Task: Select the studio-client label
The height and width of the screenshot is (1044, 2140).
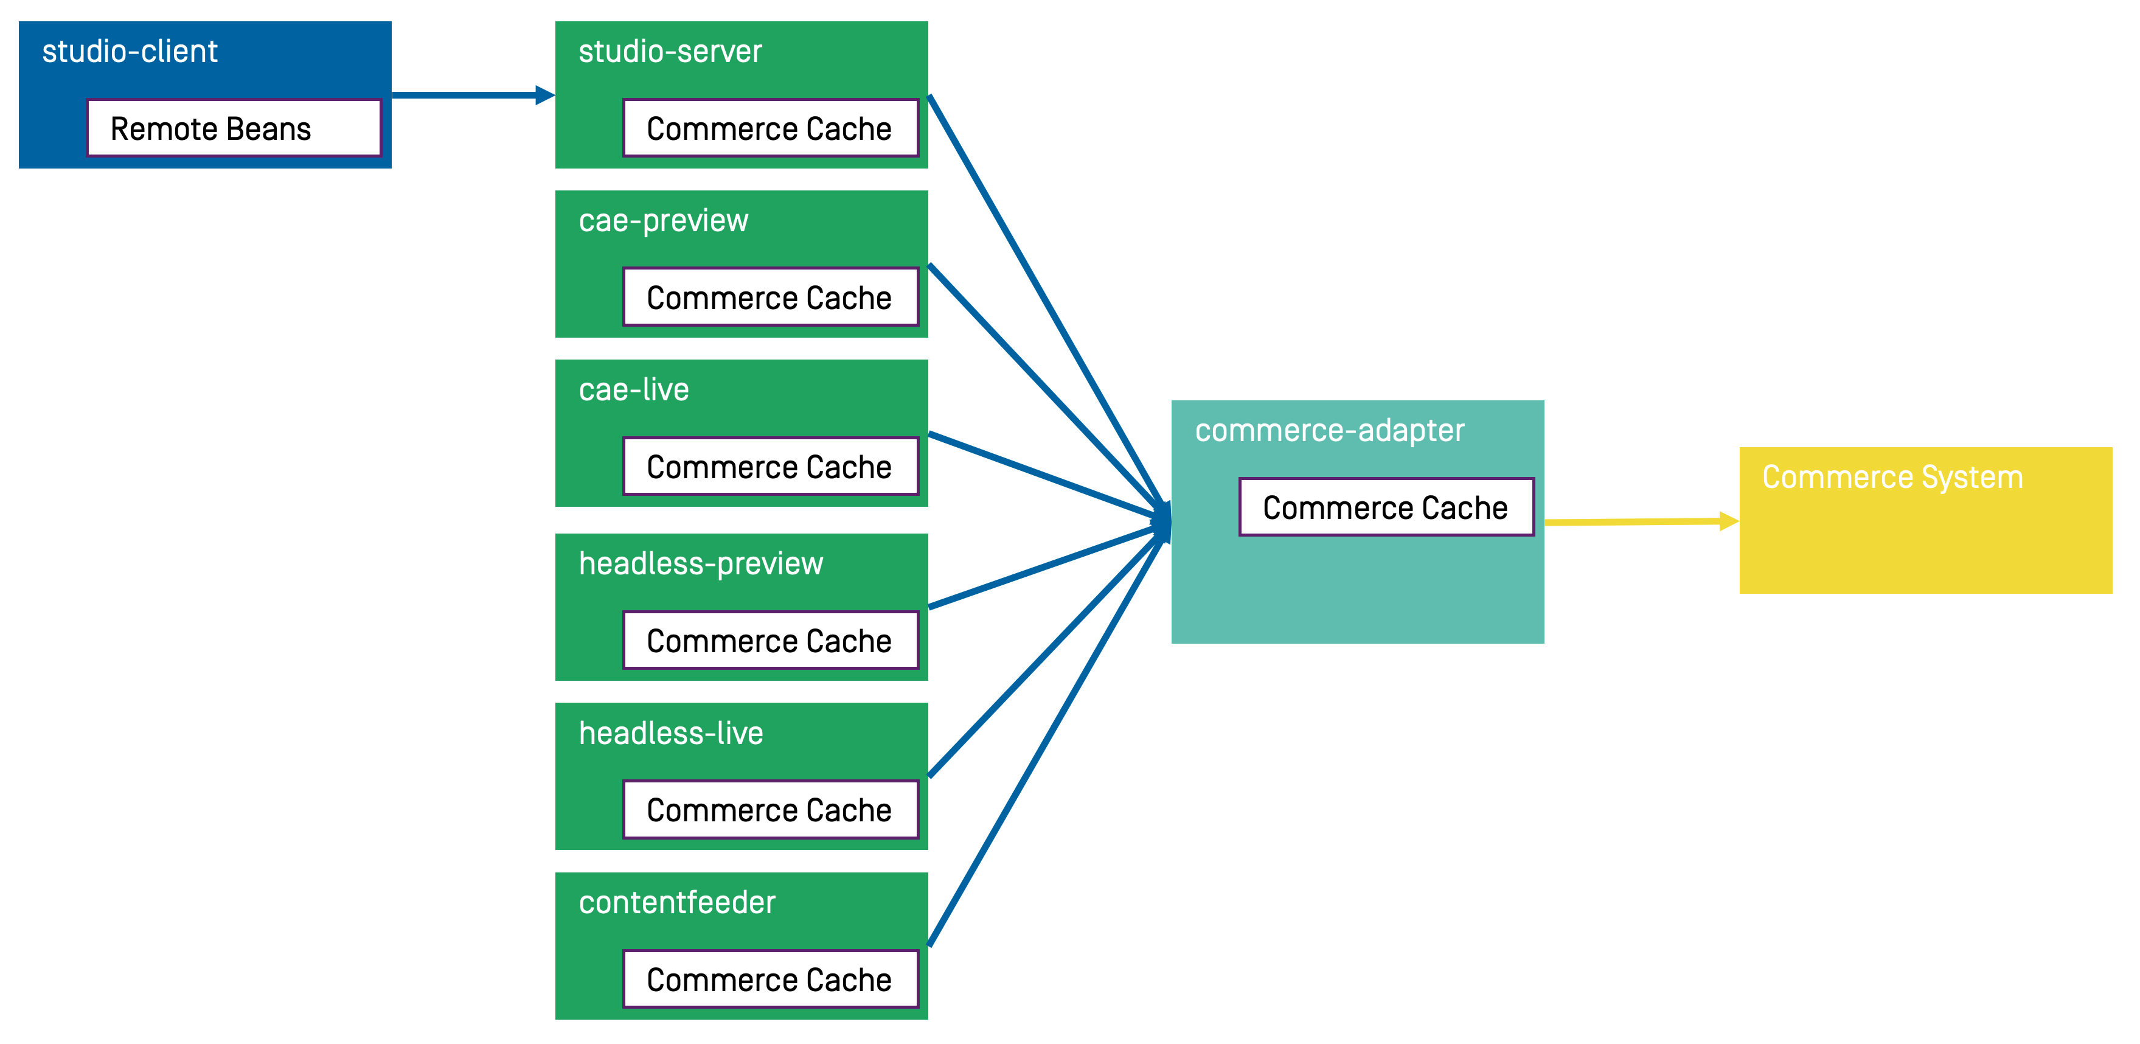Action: (x=130, y=52)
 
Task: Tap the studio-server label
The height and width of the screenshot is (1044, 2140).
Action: (x=670, y=52)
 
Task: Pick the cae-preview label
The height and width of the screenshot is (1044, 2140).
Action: (x=663, y=221)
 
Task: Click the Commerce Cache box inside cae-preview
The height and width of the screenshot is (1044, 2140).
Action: (x=770, y=298)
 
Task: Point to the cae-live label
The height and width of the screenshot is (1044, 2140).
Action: (x=633, y=389)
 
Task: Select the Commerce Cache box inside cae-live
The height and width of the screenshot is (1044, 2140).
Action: (x=770, y=466)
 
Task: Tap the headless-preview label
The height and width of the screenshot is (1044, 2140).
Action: (x=700, y=564)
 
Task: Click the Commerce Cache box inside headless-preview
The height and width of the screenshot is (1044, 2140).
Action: (x=770, y=641)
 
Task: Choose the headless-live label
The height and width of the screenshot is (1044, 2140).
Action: (x=670, y=733)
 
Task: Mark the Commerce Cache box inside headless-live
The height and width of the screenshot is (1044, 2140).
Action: (x=770, y=810)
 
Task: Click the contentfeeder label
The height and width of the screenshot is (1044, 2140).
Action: (x=676, y=903)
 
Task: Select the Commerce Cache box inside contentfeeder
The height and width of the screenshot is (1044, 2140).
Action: (x=770, y=980)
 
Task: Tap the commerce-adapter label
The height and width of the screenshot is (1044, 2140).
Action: (x=1329, y=430)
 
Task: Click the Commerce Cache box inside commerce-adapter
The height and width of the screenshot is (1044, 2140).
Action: (x=1386, y=507)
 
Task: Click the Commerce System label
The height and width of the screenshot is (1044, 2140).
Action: (x=1892, y=478)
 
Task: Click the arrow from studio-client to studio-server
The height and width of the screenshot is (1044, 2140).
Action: (x=470, y=96)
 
